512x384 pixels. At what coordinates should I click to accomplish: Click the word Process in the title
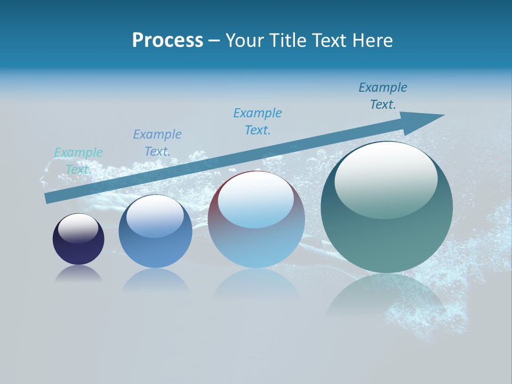167,41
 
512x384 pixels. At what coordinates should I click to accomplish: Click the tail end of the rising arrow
48,198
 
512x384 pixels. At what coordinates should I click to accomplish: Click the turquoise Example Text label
78,161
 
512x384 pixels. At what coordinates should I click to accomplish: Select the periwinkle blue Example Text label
157,142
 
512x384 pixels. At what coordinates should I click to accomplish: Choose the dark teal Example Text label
383,95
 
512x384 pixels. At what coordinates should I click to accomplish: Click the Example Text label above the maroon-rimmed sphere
258,121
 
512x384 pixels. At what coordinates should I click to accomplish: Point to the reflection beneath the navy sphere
78,274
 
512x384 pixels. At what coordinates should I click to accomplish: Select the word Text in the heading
327,41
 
